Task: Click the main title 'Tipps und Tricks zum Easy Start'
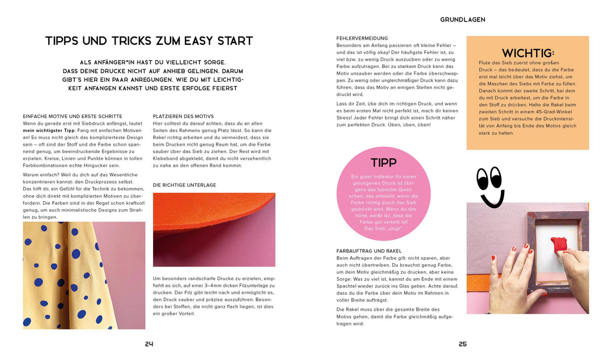pyautogui.click(x=149, y=41)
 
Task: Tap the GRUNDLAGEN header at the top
pyautogui.click(x=462, y=19)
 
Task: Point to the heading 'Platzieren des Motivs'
pyautogui.click(x=183, y=116)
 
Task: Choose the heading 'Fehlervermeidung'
pyautogui.click(x=362, y=38)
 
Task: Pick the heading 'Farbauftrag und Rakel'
pyautogui.click(x=369, y=251)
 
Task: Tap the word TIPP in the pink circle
pyautogui.click(x=384, y=163)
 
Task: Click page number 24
pyautogui.click(x=150, y=344)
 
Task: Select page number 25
pyautogui.click(x=462, y=344)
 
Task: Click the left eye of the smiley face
pyautogui.click(x=483, y=179)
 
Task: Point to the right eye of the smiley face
pyautogui.click(x=496, y=177)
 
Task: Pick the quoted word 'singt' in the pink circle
pyautogui.click(x=393, y=229)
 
